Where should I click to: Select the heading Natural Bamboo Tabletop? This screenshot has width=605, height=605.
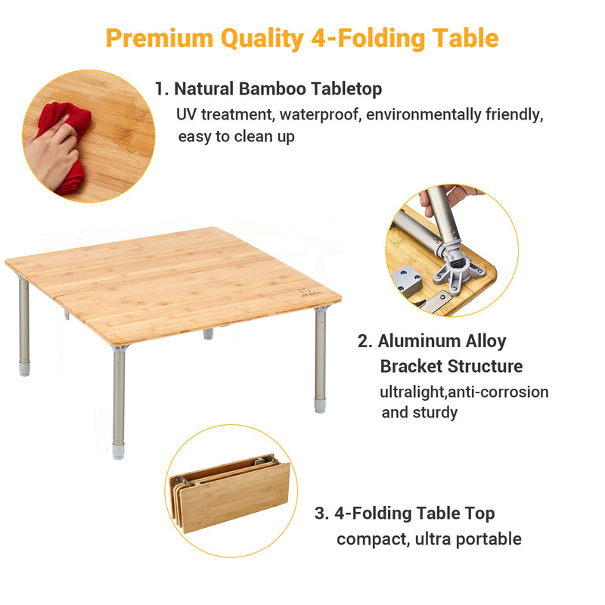click(278, 88)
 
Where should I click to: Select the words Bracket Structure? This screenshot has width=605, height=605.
click(451, 367)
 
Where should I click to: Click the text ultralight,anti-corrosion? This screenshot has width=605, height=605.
click(464, 392)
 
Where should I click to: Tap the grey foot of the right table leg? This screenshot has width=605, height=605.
click(321, 405)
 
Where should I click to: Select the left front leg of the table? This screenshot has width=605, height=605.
click(24, 325)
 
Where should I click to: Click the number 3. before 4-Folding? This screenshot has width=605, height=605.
click(321, 513)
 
